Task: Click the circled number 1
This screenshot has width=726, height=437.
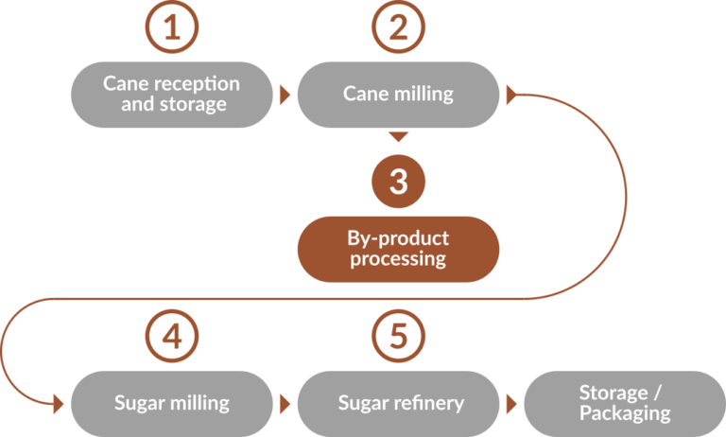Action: pos(171,28)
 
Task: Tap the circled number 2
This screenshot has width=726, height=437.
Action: pos(399,28)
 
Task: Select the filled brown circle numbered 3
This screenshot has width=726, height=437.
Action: pos(399,181)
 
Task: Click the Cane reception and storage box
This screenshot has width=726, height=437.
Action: pos(171,95)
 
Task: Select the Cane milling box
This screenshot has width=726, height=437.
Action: pos(399,95)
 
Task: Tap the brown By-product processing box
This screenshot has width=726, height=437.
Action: pos(399,249)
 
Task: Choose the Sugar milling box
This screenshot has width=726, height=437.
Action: pos(171,403)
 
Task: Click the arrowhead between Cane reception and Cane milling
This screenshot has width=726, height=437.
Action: pos(285,95)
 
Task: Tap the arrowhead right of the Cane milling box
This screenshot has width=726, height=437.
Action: pos(512,95)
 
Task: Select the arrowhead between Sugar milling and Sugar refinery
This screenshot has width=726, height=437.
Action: pos(285,403)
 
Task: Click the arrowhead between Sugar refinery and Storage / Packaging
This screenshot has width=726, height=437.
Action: pos(512,403)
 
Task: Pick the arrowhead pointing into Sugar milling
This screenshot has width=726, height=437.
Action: pos(58,403)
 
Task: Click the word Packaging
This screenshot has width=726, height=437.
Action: pos(625,413)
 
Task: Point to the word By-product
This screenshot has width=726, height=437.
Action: pos(399,237)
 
